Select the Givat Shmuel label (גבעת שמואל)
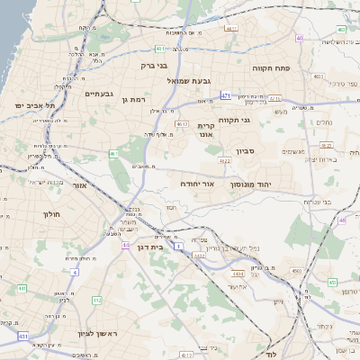click(x=189, y=80)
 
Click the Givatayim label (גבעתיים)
click(x=99, y=94)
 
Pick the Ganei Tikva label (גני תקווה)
click(x=259, y=119)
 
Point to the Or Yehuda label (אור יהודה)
click(x=197, y=183)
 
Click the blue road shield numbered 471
click(x=225, y=95)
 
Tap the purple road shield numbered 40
click(x=299, y=38)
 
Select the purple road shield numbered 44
click(x=125, y=245)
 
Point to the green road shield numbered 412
click(x=97, y=300)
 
